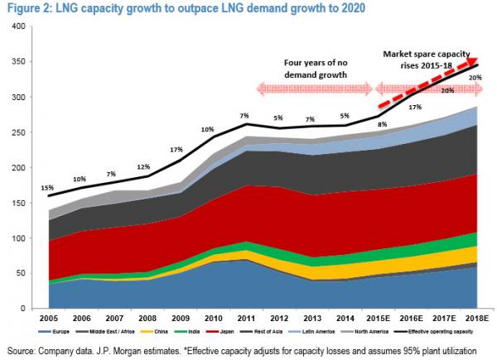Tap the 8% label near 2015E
pos(383,125)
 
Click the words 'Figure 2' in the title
pos(26,8)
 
